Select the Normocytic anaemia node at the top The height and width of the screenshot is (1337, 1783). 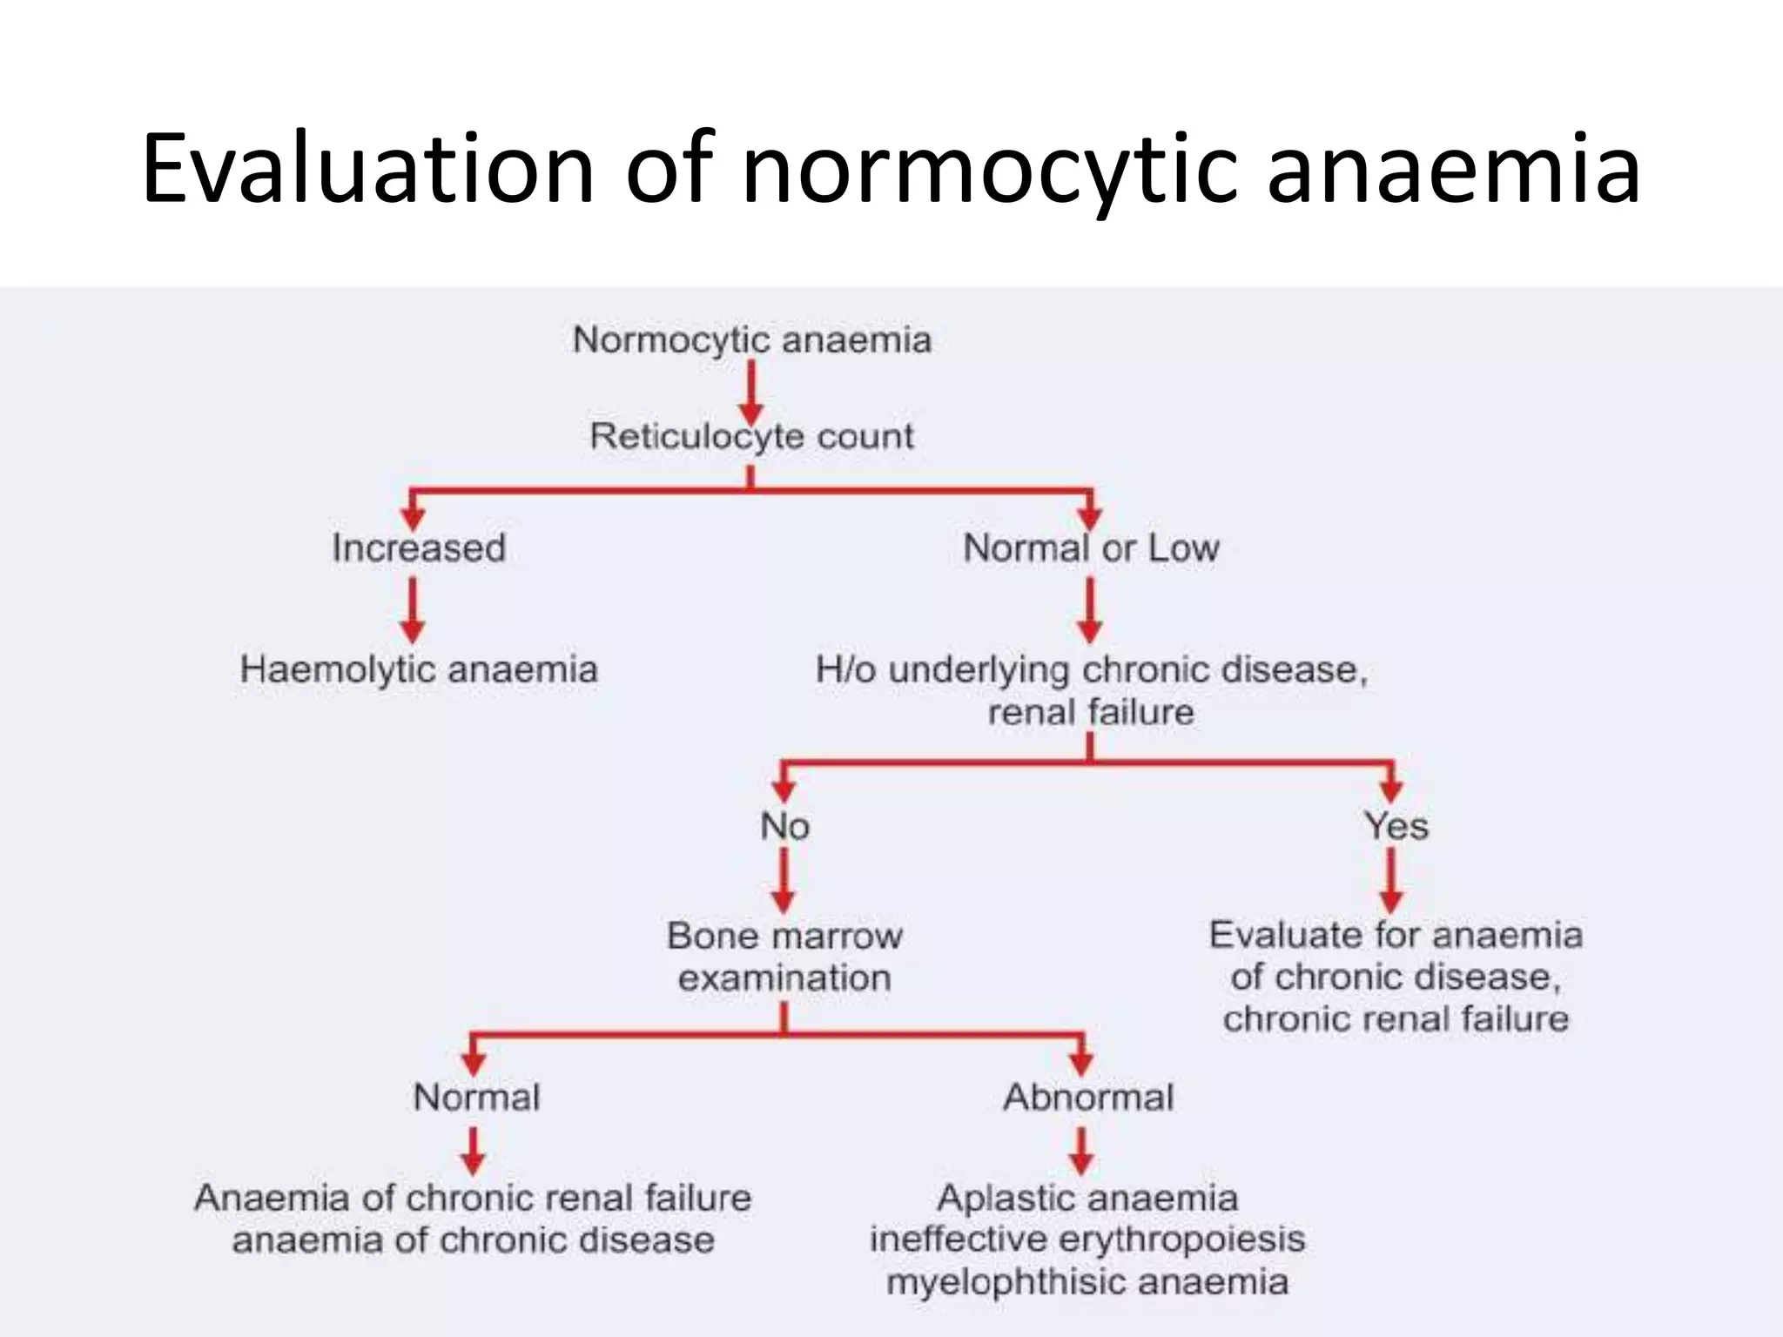(752, 339)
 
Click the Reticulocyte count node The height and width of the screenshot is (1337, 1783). (752, 436)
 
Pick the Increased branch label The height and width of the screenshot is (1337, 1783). (419, 548)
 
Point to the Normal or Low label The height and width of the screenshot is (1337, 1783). (1091, 548)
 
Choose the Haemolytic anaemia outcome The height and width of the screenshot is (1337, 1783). (419, 669)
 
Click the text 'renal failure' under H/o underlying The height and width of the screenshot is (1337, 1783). (1091, 712)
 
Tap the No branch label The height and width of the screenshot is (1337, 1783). (784, 826)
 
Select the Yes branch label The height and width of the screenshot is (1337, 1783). (1396, 826)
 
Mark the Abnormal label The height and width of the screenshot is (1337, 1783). (1088, 1097)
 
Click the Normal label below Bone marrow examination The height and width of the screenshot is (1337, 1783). (476, 1097)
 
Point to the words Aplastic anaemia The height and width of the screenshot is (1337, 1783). (1087, 1199)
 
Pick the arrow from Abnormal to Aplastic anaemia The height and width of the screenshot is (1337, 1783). (1081, 1151)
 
